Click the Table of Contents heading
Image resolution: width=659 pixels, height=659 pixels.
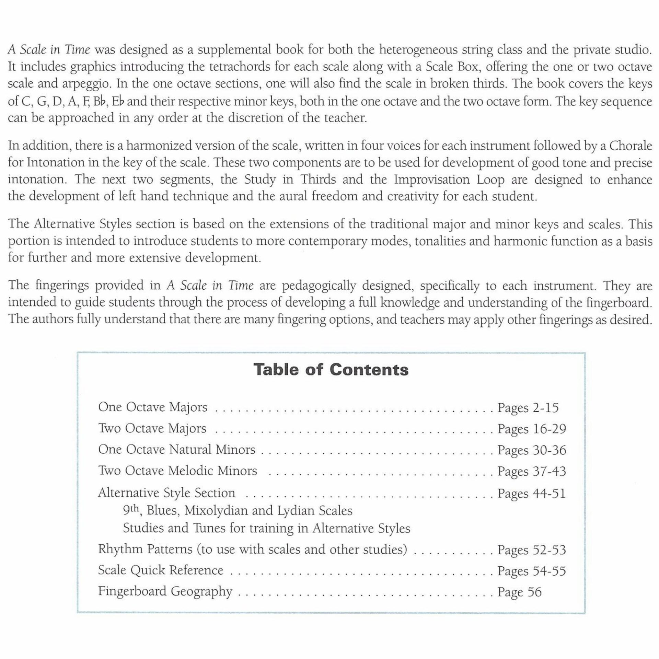(x=331, y=370)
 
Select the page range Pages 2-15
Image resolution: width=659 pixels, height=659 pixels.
(x=528, y=408)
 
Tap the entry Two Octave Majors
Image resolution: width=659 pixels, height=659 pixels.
(x=152, y=429)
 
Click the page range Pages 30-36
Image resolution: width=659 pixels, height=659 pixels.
(x=532, y=450)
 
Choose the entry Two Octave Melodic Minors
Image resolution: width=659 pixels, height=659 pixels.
(x=177, y=471)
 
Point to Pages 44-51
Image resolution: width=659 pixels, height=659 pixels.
(x=531, y=493)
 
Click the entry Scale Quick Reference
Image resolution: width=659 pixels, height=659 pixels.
(x=161, y=570)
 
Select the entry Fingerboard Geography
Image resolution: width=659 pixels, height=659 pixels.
(x=165, y=591)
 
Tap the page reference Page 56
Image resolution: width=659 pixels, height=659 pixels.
(x=519, y=592)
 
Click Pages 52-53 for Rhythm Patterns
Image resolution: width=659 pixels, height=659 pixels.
(x=531, y=550)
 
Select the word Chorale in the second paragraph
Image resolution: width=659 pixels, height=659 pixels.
(x=630, y=146)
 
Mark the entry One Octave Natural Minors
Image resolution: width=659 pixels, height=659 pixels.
(x=177, y=450)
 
